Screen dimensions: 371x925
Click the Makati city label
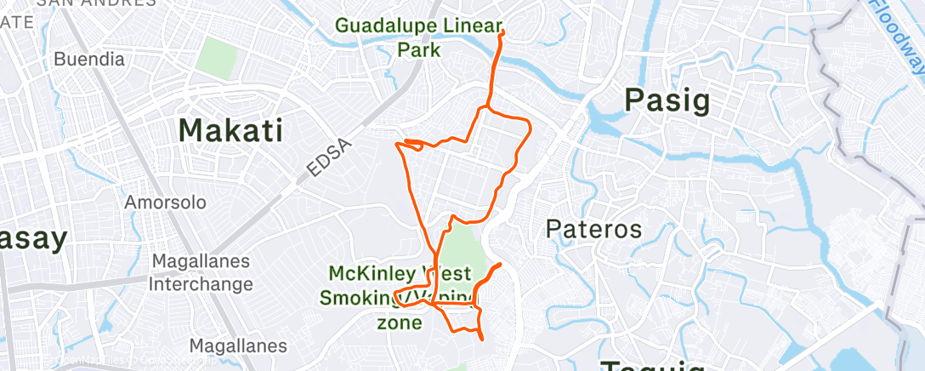230,130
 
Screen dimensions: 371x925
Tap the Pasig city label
667,100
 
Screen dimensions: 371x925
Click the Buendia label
88,60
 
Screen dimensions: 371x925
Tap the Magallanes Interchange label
201,272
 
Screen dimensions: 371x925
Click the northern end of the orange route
503,31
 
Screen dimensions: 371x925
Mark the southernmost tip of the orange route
483,340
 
